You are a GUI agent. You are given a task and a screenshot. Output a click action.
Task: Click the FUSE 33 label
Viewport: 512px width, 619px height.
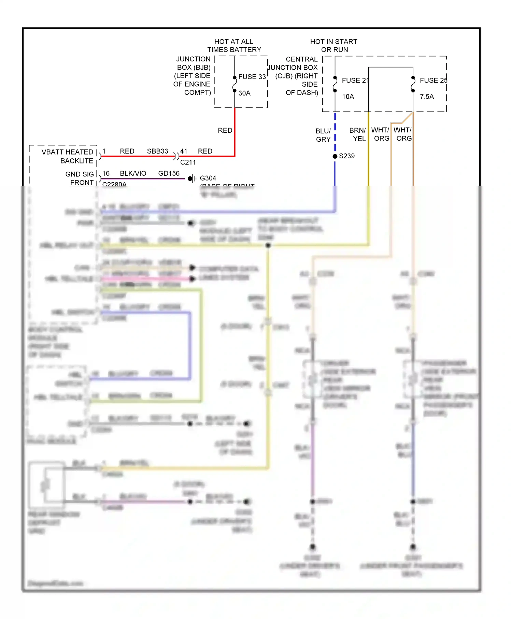click(x=252, y=77)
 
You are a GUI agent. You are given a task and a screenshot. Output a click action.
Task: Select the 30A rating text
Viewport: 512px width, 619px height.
click(x=244, y=93)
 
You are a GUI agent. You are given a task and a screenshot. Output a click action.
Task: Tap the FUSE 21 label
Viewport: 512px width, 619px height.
click(x=355, y=80)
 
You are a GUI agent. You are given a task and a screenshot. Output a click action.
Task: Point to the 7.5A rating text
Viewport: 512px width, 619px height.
click(x=427, y=97)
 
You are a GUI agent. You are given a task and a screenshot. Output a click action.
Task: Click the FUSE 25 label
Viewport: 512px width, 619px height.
click(x=433, y=80)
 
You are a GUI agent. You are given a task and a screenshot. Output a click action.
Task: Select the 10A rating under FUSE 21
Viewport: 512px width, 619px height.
click(x=348, y=97)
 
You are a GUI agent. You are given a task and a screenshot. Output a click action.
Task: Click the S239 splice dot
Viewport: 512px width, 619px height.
click(x=335, y=156)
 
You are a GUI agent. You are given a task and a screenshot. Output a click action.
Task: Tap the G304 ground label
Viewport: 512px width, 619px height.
click(x=208, y=178)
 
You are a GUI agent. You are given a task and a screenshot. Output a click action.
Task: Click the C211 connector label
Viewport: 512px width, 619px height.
click(x=188, y=162)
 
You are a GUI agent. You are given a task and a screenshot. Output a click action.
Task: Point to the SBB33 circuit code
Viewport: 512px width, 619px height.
click(x=157, y=151)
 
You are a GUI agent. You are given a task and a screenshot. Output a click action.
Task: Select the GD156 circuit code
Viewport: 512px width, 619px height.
click(x=169, y=173)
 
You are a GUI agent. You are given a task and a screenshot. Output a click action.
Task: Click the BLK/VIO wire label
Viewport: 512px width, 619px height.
click(x=133, y=173)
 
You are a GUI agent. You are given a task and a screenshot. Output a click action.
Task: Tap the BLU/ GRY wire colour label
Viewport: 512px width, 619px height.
click(x=323, y=135)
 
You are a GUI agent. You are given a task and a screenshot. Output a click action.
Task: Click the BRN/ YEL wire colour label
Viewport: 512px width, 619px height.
click(x=357, y=134)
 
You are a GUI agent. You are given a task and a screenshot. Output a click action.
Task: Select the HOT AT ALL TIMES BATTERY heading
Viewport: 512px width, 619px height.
click(x=234, y=46)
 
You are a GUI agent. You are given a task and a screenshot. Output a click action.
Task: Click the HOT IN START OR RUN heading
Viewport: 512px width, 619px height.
click(x=333, y=46)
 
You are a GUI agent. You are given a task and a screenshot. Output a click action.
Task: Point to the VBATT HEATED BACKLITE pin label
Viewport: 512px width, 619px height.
click(x=68, y=156)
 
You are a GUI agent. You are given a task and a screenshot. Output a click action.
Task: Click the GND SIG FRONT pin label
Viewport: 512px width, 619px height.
click(x=80, y=178)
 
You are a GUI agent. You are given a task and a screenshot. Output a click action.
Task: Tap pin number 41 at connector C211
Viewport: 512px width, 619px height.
click(x=184, y=151)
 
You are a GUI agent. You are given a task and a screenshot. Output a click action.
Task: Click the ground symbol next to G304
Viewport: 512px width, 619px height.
click(x=192, y=178)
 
